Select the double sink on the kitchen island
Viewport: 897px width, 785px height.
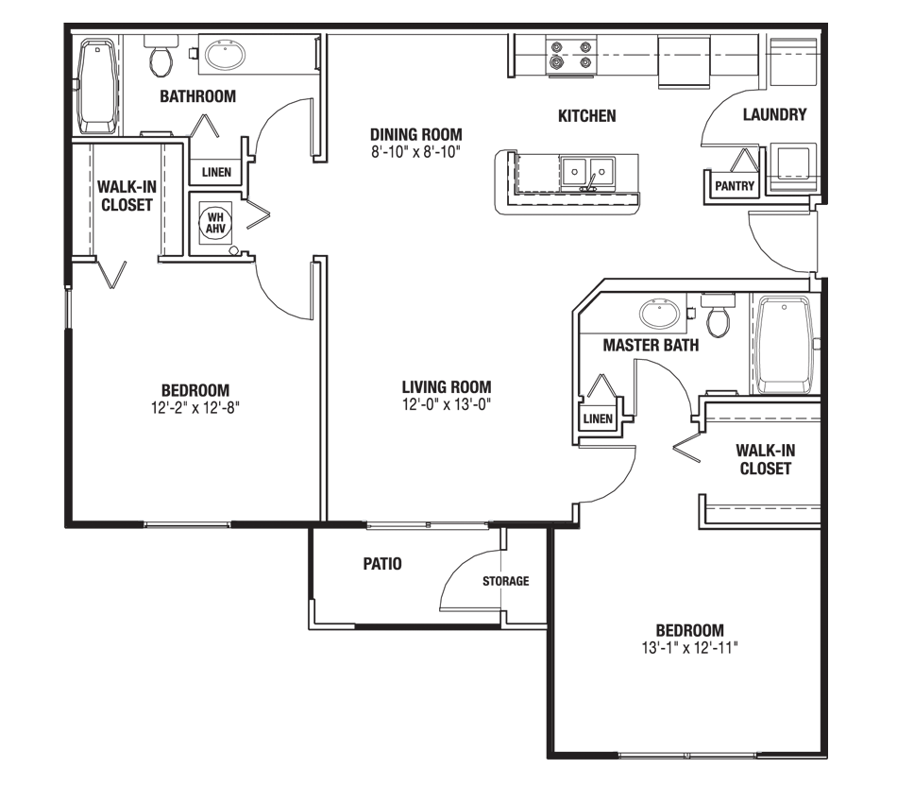pos(587,172)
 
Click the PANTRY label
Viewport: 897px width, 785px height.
pos(735,186)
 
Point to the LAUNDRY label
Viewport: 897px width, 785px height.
pos(774,115)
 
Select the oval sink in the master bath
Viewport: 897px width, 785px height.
pos(657,313)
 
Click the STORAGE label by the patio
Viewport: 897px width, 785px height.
pos(506,581)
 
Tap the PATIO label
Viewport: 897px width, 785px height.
pos(382,564)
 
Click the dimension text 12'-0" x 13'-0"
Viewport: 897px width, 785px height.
pos(447,404)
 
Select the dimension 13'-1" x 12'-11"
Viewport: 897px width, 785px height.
pos(689,648)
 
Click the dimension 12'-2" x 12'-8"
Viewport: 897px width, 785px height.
pos(195,407)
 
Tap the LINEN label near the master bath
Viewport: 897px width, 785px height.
pos(598,418)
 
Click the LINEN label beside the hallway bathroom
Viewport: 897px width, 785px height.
pos(216,172)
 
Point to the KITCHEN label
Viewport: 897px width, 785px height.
pos(586,115)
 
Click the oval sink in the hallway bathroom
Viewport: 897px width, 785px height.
pos(225,56)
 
